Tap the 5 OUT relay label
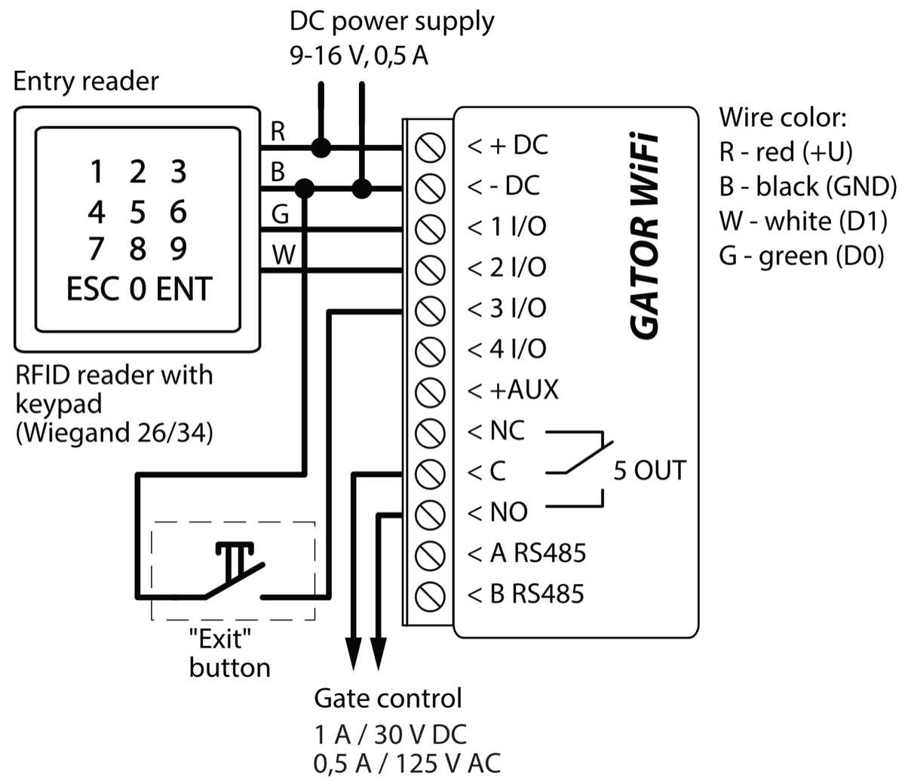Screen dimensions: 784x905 649,470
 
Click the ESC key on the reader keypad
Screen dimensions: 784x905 92,289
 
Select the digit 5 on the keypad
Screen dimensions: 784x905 137,212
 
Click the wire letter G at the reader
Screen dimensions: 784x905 280,215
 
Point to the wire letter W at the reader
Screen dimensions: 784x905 283,256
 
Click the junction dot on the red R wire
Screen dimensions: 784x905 322,146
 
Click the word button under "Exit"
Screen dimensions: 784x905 230,668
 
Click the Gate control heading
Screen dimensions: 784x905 388,698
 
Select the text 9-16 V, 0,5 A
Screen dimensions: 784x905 359,57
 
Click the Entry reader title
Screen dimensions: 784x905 86,81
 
